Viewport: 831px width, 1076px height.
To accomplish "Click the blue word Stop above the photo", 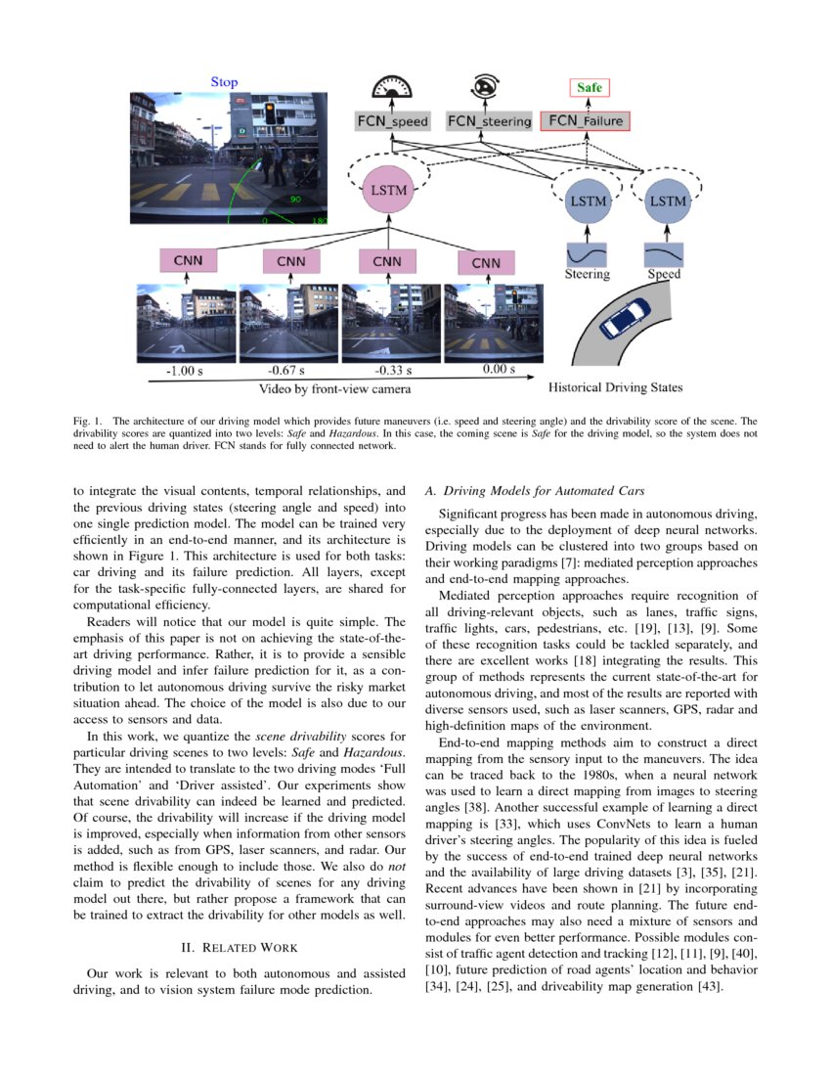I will (224, 82).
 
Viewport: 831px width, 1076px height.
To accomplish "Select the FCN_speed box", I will (391, 122).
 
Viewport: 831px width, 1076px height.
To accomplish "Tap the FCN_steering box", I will (489, 122).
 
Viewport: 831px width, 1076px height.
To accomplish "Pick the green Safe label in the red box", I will (589, 87).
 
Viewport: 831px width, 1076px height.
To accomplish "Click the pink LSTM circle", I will (388, 192).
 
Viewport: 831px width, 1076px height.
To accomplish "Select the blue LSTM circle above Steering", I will (587, 202).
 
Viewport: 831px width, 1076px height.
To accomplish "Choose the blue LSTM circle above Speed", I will (667, 202).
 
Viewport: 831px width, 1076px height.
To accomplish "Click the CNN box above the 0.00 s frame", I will (486, 262).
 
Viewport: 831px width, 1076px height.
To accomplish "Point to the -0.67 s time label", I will (286, 371).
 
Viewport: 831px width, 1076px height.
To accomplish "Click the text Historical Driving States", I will (616, 387).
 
